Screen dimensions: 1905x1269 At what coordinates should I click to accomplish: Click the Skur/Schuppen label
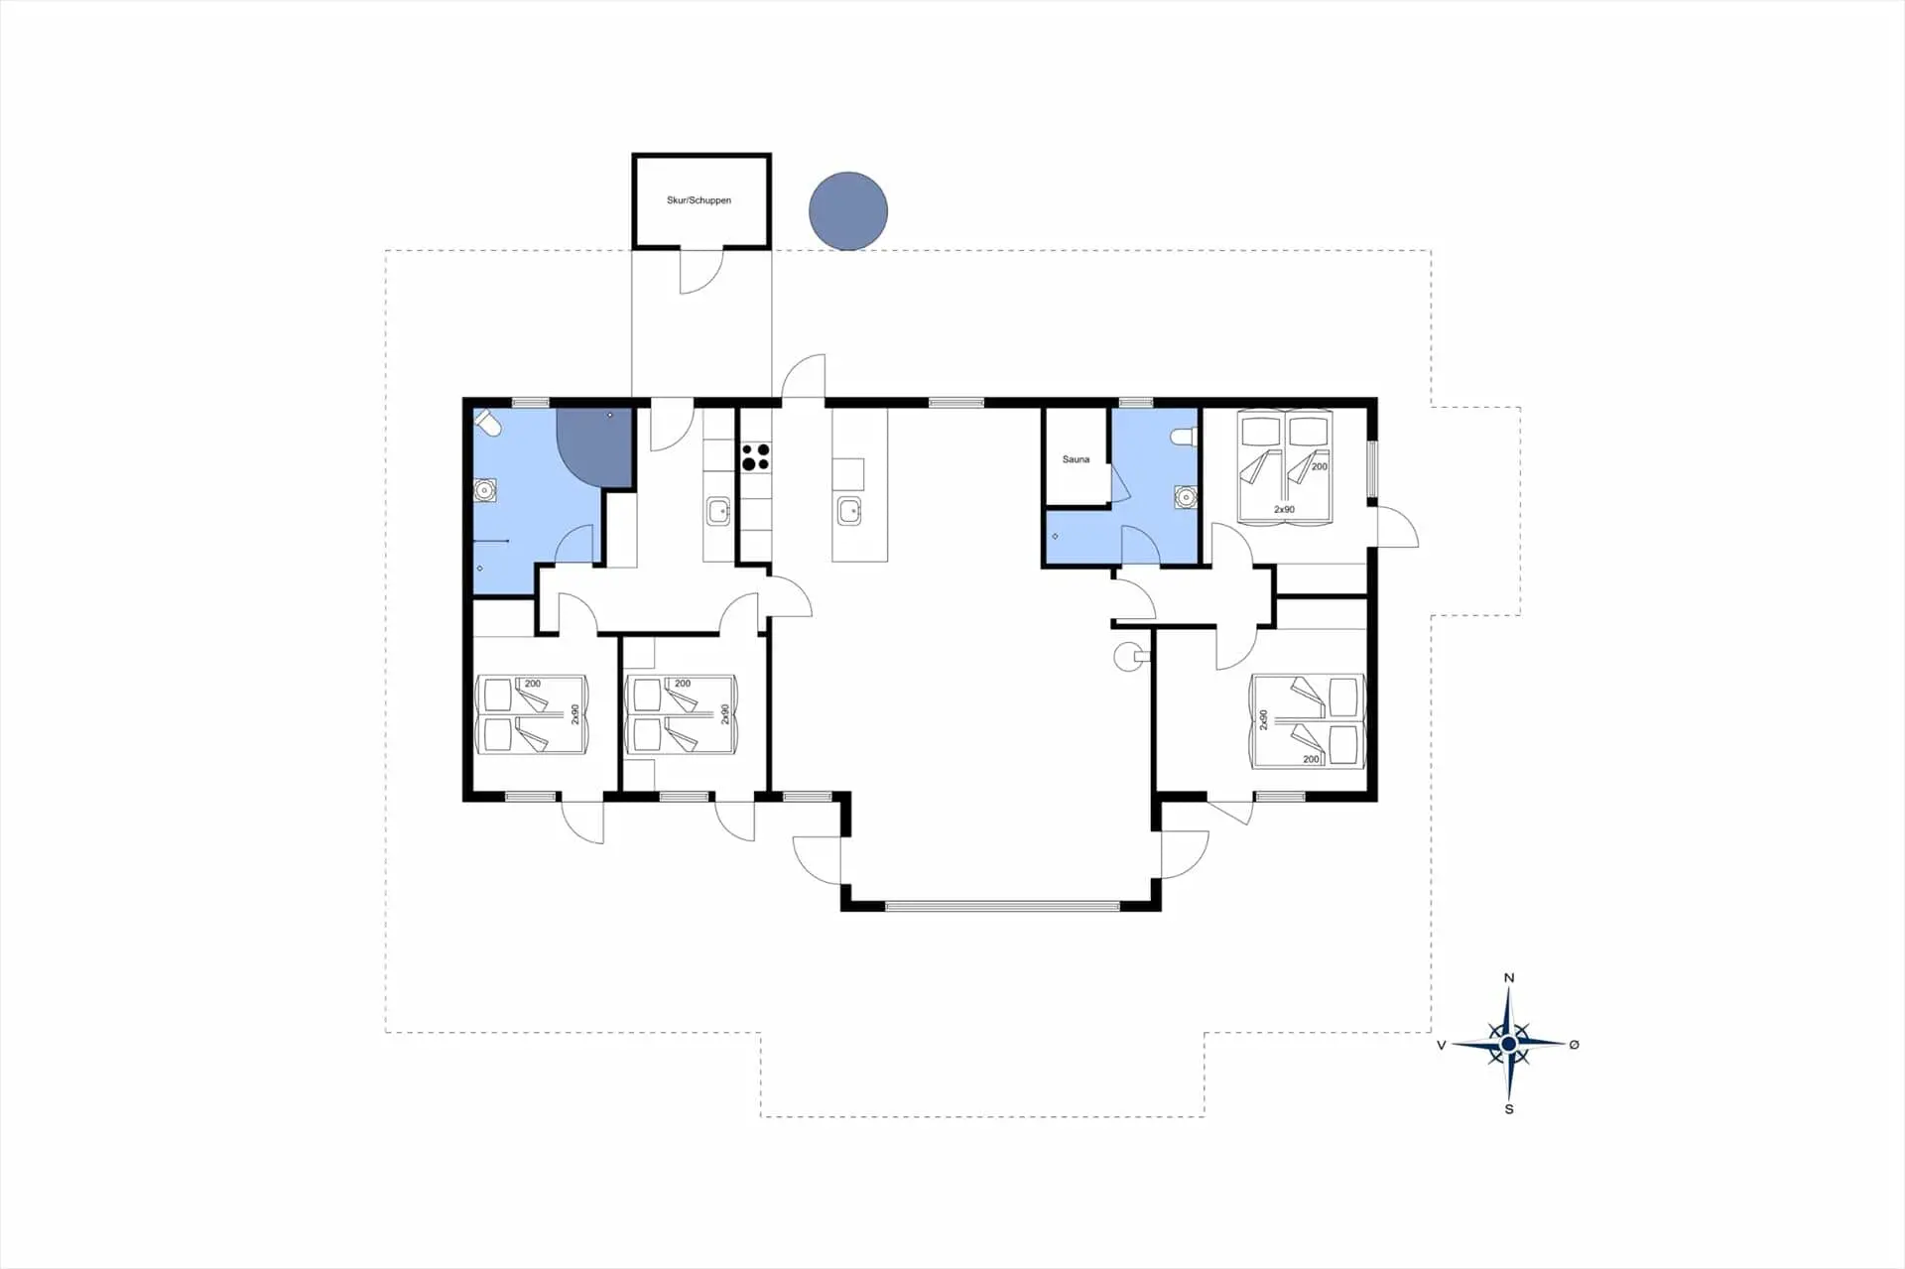coord(698,200)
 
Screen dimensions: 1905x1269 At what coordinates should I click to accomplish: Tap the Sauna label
coord(1076,459)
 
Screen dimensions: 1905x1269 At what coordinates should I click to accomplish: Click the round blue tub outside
coord(847,210)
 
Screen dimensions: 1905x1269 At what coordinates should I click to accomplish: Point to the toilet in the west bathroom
coord(486,424)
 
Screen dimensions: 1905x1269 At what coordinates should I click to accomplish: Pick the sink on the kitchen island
coord(849,511)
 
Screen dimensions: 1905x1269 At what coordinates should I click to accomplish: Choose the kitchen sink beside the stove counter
coord(718,512)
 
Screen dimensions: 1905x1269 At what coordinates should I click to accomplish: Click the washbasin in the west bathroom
coord(485,490)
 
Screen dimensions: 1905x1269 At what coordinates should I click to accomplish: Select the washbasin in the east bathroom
coord(1185,496)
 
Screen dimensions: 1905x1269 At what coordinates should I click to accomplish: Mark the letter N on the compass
coord(1509,977)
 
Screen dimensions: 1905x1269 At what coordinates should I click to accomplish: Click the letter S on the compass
coord(1509,1108)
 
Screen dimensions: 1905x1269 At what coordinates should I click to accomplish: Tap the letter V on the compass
coord(1442,1045)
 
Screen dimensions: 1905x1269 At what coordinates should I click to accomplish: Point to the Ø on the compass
coord(1574,1044)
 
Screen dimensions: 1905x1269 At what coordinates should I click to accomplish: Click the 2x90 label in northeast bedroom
coord(1284,510)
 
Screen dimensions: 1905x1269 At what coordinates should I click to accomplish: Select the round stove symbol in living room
coord(1127,656)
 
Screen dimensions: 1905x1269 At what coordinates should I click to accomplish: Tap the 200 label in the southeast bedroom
coord(1311,759)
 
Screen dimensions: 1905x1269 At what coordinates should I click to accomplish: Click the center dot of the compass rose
coord(1509,1044)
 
